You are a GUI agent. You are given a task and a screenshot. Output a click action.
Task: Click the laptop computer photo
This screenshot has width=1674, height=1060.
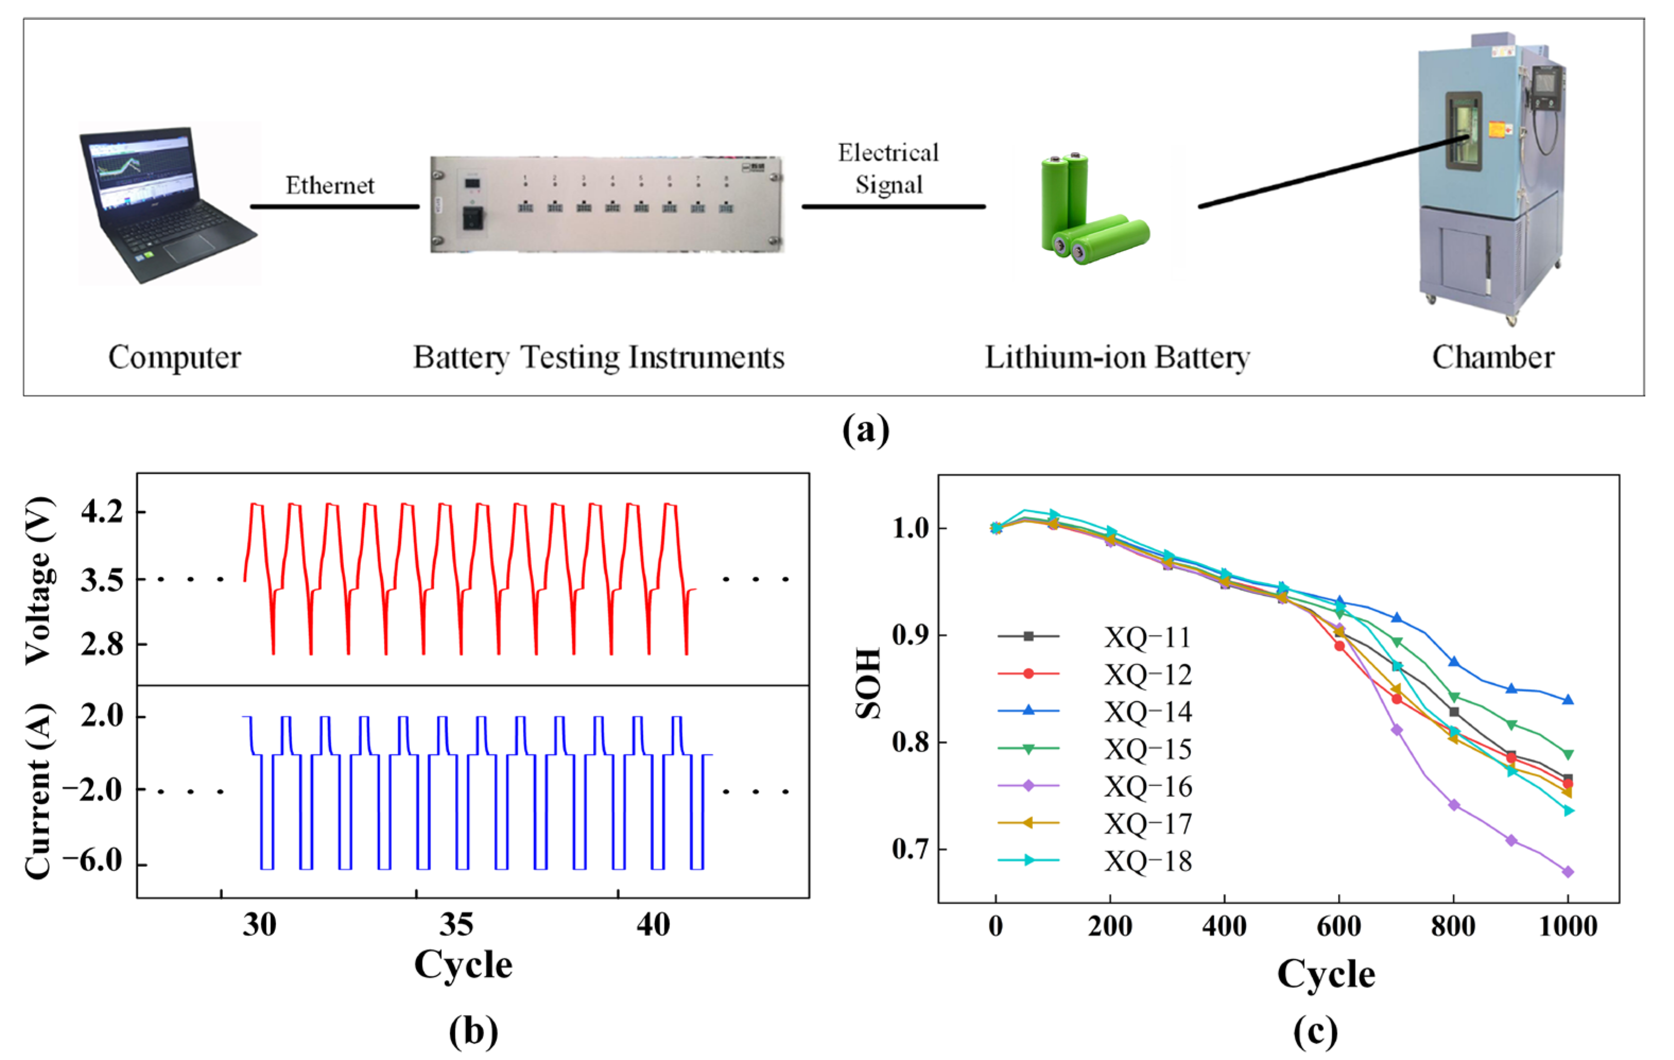pos(168,205)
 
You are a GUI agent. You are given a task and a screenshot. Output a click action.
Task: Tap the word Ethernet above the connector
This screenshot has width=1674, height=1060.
pos(330,186)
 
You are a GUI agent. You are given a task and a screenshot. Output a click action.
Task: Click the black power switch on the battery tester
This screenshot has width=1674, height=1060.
pos(473,218)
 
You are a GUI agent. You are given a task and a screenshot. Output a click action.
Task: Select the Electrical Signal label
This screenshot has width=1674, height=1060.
pos(888,169)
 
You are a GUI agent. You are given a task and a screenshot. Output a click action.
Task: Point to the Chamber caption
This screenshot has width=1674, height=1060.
pos(1492,357)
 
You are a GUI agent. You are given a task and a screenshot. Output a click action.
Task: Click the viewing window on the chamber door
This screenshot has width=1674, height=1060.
pos(1463,132)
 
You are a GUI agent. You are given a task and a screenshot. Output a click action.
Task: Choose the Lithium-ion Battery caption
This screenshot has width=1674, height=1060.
pos(1117,357)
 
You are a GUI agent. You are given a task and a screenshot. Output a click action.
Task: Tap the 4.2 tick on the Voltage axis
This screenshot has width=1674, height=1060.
pos(101,512)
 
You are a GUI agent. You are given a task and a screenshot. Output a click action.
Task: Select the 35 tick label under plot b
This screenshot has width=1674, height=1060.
pos(456,925)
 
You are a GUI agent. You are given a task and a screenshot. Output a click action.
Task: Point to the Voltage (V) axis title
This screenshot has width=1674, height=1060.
pos(38,580)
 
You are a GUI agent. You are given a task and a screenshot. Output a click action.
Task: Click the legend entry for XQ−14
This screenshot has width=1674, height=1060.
pos(1147,712)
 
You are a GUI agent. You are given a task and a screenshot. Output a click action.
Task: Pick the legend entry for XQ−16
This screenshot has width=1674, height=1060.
pos(1147,787)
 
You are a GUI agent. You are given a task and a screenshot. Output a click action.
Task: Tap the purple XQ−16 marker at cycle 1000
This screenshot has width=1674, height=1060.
pos(1568,872)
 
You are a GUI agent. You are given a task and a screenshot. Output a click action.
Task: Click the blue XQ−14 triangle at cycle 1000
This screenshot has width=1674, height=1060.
pos(1568,699)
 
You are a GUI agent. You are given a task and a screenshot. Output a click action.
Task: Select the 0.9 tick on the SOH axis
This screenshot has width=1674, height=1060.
pos(910,635)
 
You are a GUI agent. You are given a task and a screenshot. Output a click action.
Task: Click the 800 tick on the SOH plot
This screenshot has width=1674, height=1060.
pos(1453,926)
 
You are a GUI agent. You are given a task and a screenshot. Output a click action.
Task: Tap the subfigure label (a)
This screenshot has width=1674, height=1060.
pos(866,430)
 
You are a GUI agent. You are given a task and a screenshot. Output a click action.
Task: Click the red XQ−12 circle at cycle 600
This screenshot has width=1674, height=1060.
pos(1339,646)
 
